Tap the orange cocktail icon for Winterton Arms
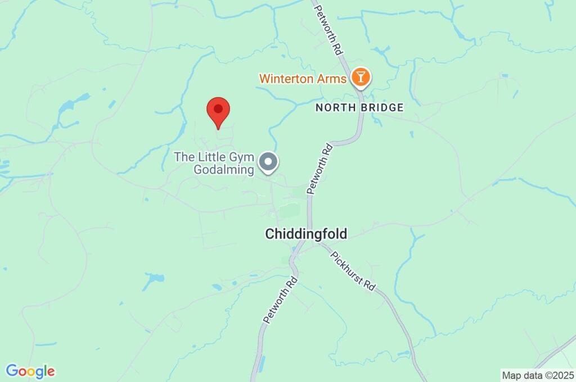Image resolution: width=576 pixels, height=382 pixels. coord(360,78)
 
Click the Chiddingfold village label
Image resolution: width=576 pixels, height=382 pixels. coord(306,234)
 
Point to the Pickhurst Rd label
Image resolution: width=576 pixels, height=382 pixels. coord(353,270)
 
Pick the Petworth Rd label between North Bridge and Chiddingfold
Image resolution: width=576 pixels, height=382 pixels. coord(319,169)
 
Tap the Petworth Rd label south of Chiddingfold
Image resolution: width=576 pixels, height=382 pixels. coord(279,299)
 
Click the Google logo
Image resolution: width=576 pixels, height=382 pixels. coord(30,371)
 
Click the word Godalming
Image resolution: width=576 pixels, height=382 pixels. coord(223,170)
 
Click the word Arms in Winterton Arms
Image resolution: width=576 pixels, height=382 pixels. coord(334,79)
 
